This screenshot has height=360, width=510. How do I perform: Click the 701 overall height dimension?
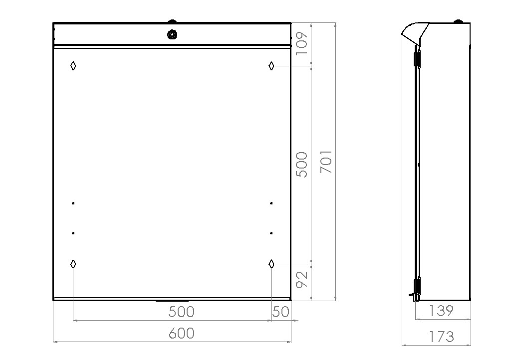pyautogui.click(x=326, y=162)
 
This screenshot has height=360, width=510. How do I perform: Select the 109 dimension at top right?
pyautogui.click(x=301, y=43)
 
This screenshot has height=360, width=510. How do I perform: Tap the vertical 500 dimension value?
pyautogui.click(x=301, y=165)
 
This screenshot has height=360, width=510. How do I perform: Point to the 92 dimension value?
pyautogui.click(x=301, y=279)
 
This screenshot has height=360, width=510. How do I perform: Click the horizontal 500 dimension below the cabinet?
pyautogui.click(x=182, y=312)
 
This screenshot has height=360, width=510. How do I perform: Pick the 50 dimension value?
pyautogui.click(x=280, y=312)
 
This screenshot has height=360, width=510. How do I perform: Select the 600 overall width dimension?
pyautogui.click(x=182, y=334)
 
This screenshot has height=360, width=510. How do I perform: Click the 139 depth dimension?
pyautogui.click(x=441, y=311)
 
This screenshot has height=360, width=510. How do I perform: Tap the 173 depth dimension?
pyautogui.click(x=441, y=337)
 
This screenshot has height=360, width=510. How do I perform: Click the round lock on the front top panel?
pyautogui.click(x=172, y=34)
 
